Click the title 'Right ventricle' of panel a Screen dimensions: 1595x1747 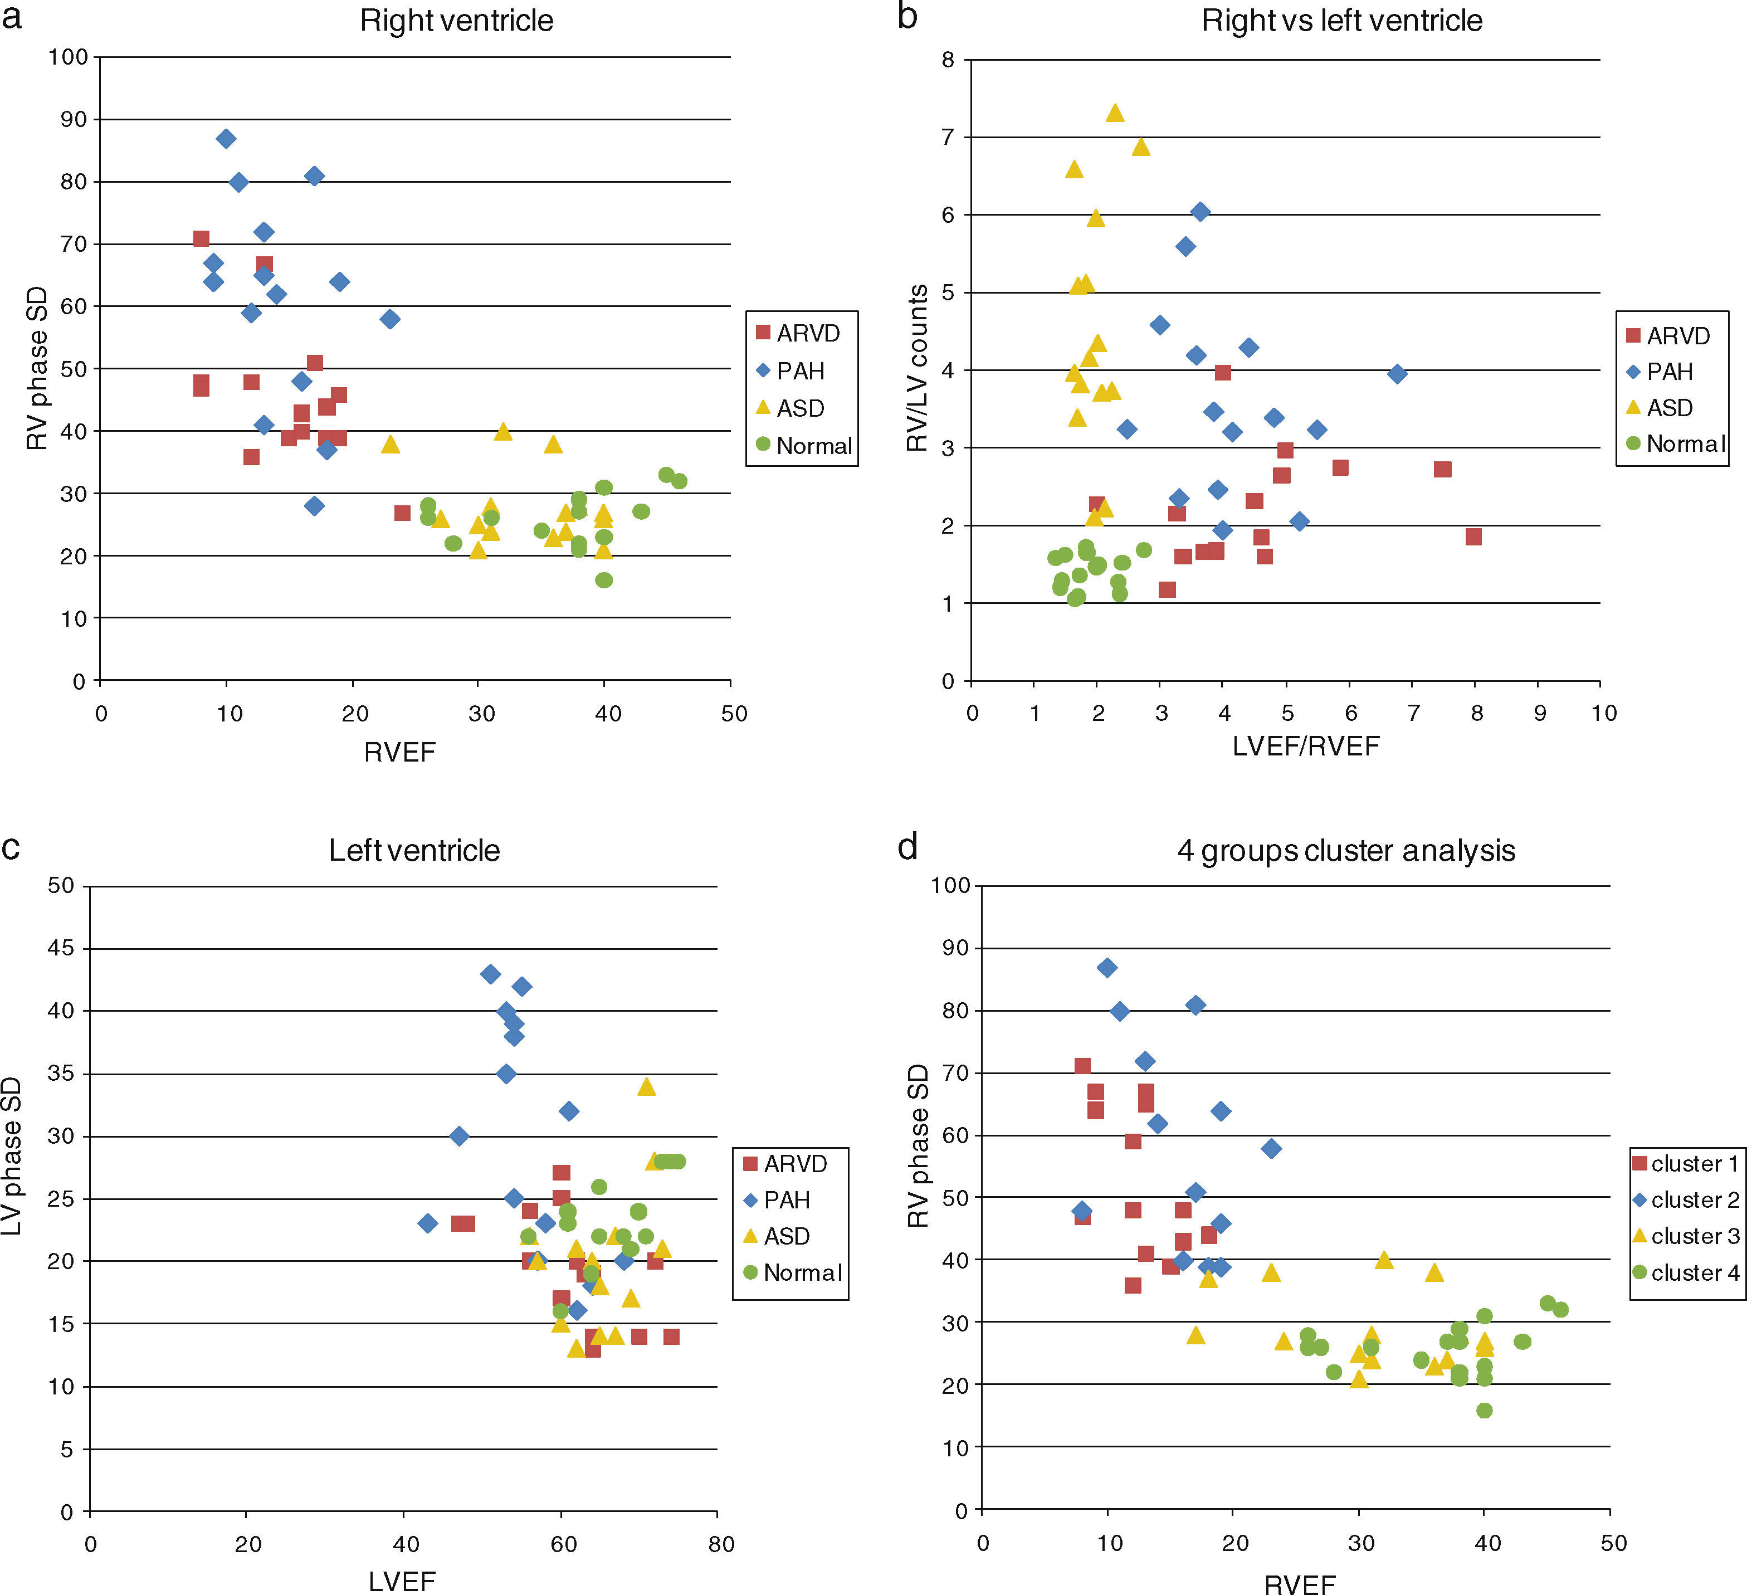tap(457, 21)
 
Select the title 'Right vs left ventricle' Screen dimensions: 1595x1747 tap(1341, 21)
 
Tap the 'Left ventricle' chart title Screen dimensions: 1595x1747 tap(414, 850)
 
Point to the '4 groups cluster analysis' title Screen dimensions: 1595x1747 tap(1346, 850)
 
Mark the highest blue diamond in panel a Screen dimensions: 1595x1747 tap(226, 139)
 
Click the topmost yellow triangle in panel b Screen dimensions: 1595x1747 tap(1115, 113)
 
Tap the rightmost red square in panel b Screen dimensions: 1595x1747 tap(1473, 536)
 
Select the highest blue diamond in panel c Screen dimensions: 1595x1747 tap(490, 973)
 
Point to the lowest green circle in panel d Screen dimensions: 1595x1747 tap(1485, 1411)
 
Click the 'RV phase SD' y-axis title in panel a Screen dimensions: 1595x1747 tap(36, 368)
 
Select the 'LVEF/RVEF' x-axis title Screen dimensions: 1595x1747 tap(1306, 747)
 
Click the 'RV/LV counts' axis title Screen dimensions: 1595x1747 tap(918, 368)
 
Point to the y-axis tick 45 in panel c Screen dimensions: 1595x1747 tap(61, 948)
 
